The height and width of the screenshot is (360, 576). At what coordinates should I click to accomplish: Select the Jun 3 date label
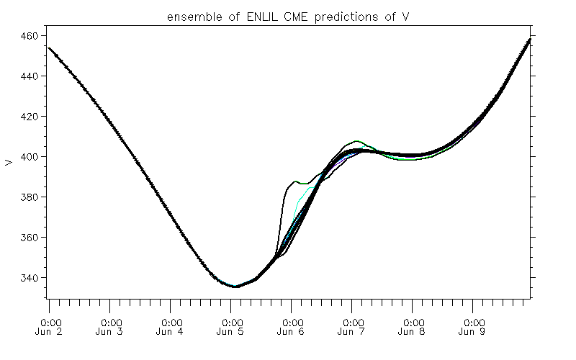click(111, 331)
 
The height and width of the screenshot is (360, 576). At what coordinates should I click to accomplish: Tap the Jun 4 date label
click(171, 331)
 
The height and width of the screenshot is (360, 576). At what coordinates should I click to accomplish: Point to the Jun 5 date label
click(231, 331)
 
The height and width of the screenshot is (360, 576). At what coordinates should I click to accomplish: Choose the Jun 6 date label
click(292, 331)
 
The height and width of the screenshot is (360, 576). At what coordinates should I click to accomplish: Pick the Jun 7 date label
click(352, 331)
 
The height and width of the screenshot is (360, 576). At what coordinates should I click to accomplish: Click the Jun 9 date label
click(473, 331)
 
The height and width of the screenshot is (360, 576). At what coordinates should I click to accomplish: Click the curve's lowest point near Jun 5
click(235, 286)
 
